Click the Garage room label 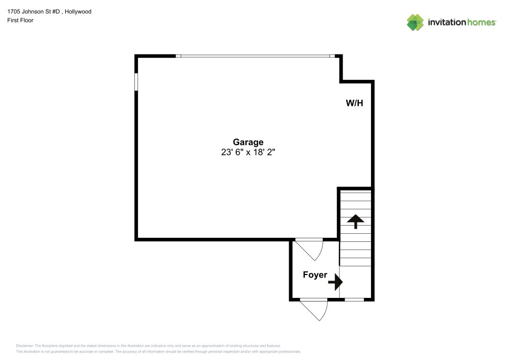tap(248, 143)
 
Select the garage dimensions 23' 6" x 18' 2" tap(248, 152)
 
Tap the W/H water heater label tap(354, 103)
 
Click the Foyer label tap(315, 275)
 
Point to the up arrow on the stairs tap(355, 221)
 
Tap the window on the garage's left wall tap(136, 81)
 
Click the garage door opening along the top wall tap(255, 56)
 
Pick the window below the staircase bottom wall tap(355, 299)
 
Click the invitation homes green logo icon tap(415, 22)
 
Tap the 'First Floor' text tap(20, 20)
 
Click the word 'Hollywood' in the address tap(79, 11)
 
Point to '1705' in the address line tap(14, 11)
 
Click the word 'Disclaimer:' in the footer tap(24, 345)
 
